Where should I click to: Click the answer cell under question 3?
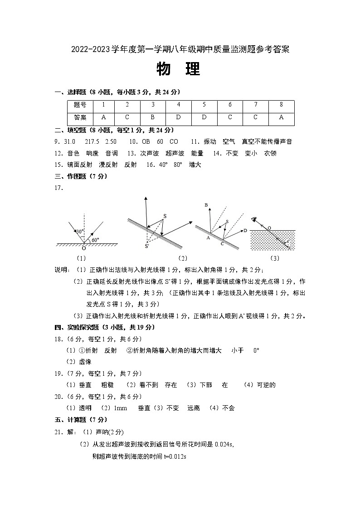click(153, 117)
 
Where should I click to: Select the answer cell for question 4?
click(178, 117)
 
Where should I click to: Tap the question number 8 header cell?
click(281, 105)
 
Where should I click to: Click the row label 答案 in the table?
click(80, 117)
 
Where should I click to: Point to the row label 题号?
click(80, 105)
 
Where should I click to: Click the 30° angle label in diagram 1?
click(79, 231)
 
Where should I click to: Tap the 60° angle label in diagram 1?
click(95, 240)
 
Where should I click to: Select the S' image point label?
click(147, 247)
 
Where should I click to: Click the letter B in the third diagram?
click(206, 205)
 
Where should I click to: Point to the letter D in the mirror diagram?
click(245, 231)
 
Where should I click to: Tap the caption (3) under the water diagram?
click(274, 258)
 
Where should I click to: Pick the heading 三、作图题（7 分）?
click(81, 176)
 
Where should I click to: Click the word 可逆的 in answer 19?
click(266, 385)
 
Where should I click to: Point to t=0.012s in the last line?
click(175, 456)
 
